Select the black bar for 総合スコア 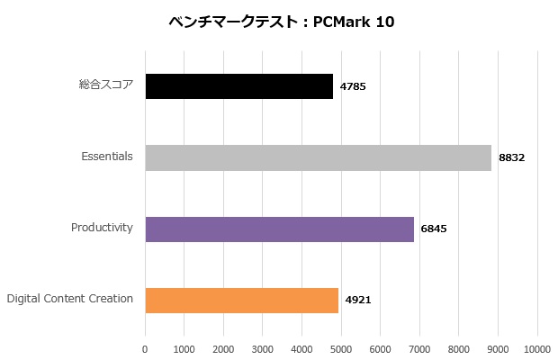tap(238, 86)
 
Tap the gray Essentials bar tap(318, 157)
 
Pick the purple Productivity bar tap(279, 229)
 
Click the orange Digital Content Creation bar tap(241, 300)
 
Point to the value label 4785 tap(353, 86)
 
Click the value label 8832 tap(511, 157)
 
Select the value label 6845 tap(434, 229)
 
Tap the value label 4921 tap(358, 300)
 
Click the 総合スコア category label tap(106, 85)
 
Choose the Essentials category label tap(107, 157)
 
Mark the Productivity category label tap(102, 228)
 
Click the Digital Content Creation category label tap(70, 299)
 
